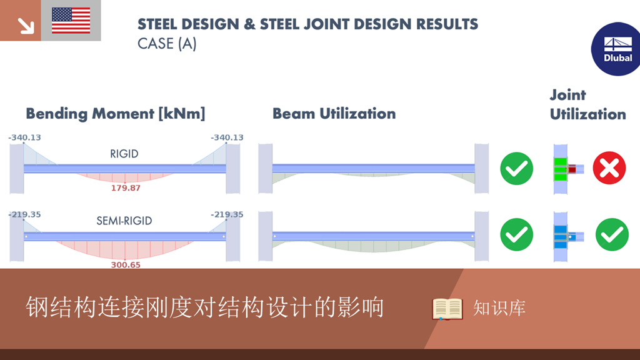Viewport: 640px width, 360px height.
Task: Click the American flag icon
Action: [x=71, y=21]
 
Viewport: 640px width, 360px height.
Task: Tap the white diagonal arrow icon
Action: [x=25, y=24]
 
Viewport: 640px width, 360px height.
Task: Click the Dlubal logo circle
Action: [x=617, y=49]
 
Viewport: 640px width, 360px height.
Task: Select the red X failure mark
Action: [x=609, y=168]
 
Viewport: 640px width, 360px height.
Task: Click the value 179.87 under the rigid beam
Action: [x=125, y=187]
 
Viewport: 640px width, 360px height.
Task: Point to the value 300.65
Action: [x=125, y=264]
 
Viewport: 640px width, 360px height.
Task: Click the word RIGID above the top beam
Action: [x=125, y=153]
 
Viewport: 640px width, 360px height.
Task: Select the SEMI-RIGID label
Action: [x=124, y=221]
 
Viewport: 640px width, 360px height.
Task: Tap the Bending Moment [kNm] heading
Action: [x=115, y=114]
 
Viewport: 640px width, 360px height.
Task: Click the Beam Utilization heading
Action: [x=334, y=114]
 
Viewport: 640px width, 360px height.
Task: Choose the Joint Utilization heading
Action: [x=587, y=104]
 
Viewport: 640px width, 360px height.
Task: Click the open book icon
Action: [x=447, y=309]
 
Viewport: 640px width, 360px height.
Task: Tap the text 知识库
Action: [x=499, y=308]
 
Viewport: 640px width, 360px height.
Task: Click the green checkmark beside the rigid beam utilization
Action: [x=516, y=168]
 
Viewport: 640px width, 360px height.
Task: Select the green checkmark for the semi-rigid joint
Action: [x=611, y=234]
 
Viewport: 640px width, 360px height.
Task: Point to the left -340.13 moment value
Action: [x=24, y=137]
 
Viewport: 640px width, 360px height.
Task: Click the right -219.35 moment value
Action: [x=227, y=214]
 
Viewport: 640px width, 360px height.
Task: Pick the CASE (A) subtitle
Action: [x=167, y=44]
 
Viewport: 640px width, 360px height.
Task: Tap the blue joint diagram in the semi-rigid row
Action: [x=562, y=235]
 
